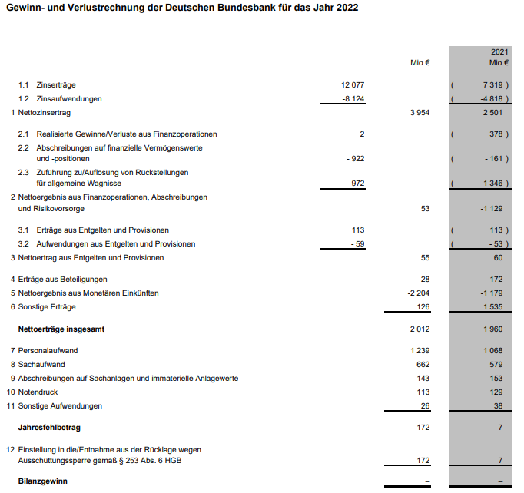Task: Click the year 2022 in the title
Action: click(x=343, y=8)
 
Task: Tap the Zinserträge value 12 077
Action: click(x=353, y=84)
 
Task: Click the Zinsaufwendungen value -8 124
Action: click(x=352, y=98)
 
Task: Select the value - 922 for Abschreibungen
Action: click(x=355, y=158)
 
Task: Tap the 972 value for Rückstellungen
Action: click(x=357, y=184)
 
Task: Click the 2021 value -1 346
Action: click(x=494, y=184)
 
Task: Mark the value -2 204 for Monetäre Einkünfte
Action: click(x=418, y=293)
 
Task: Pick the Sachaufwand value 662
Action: click(x=423, y=364)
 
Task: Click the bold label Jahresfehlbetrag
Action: click(x=49, y=427)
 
